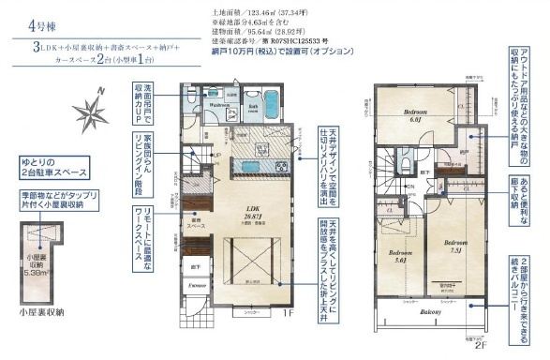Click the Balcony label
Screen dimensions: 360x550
pyautogui.click(x=431, y=315)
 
